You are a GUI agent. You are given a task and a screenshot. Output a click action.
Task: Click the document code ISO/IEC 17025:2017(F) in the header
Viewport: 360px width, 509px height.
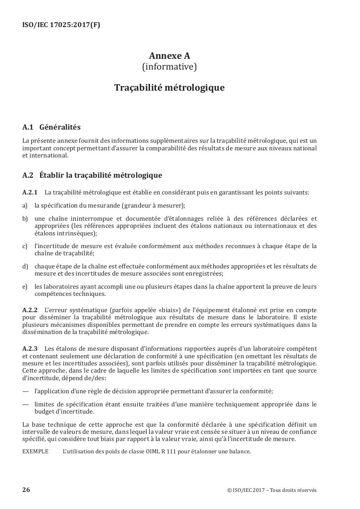point(61,25)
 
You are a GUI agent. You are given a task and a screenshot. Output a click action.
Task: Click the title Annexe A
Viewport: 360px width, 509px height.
point(169,56)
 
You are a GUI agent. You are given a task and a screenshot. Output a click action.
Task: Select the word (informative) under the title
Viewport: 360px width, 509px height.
point(169,67)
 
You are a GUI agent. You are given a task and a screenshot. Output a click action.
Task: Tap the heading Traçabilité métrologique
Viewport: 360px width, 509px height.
point(169,87)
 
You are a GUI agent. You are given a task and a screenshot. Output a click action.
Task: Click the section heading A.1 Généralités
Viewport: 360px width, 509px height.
point(51,127)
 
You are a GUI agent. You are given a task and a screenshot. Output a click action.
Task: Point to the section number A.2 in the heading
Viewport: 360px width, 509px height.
point(28,175)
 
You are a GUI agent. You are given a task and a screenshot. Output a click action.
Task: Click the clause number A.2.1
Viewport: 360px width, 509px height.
point(30,192)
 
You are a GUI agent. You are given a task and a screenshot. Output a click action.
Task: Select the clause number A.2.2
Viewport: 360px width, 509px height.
point(30,310)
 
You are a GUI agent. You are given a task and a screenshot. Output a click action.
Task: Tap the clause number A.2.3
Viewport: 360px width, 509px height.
point(30,349)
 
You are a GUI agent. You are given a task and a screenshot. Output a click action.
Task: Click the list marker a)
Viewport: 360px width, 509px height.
point(25,206)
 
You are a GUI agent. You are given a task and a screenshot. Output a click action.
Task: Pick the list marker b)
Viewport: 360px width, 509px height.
point(25,219)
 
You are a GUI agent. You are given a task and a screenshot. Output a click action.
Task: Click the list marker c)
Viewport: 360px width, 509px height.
point(25,246)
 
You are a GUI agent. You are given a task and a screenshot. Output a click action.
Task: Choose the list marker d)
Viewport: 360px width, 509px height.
point(25,266)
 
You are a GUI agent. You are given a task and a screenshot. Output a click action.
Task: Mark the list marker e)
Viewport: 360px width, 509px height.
point(25,287)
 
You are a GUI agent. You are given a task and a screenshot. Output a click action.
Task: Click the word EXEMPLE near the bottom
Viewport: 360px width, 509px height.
point(35,451)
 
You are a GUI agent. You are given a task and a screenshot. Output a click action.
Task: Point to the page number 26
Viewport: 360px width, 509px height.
point(26,490)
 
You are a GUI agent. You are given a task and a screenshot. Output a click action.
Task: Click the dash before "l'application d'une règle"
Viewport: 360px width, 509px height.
point(25,391)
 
